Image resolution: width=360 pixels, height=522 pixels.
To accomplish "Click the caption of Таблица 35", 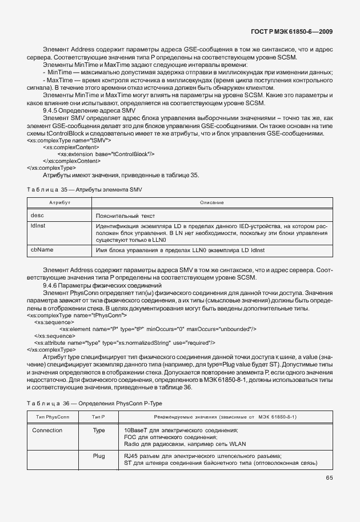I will (x=84, y=189).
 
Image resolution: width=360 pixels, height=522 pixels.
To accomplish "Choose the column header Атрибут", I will (x=59, y=203).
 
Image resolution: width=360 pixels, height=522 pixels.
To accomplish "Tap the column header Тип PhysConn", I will (x=52, y=417).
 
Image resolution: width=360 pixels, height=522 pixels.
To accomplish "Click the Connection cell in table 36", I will (x=47, y=429).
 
